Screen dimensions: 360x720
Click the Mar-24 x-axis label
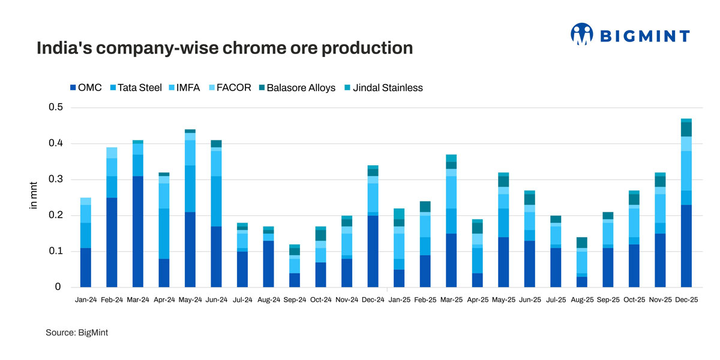(x=137, y=298)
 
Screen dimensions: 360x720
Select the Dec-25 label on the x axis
(x=686, y=298)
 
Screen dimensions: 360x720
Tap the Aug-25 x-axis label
(x=581, y=298)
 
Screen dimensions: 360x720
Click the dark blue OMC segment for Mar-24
(x=137, y=231)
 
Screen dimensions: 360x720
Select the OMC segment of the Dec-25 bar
(x=686, y=245)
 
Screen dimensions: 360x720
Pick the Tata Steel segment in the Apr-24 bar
(x=164, y=233)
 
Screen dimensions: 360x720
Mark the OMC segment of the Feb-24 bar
(x=112, y=242)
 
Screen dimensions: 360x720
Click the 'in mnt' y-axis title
(x=34, y=196)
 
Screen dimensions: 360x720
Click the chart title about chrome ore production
(x=225, y=48)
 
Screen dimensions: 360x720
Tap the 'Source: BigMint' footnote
(x=77, y=332)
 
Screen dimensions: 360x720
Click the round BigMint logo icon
(x=581, y=34)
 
